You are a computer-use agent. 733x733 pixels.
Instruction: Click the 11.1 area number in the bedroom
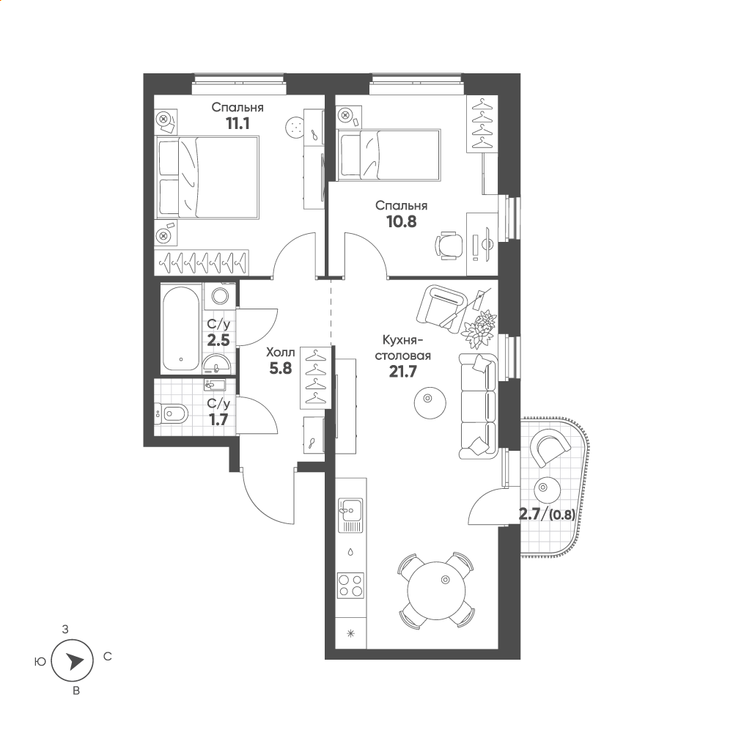(x=237, y=123)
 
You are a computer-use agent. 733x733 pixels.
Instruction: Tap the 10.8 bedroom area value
(x=402, y=221)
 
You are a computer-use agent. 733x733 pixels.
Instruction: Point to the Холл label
(x=281, y=352)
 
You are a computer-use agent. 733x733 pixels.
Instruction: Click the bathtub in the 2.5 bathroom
(x=181, y=328)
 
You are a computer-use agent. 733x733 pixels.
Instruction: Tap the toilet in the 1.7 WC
(x=172, y=413)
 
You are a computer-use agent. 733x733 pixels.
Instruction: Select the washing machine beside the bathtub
(x=220, y=295)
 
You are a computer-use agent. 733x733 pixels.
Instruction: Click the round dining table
(x=437, y=590)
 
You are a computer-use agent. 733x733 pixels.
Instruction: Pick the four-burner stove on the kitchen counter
(x=350, y=585)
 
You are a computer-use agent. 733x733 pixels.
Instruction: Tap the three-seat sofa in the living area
(x=478, y=406)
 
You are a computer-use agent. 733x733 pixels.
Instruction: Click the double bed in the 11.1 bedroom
(x=207, y=177)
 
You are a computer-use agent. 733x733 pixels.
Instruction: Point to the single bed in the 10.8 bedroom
(x=388, y=155)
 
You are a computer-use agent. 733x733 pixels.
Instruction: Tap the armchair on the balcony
(x=550, y=449)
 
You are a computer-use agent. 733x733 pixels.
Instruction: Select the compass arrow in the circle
(x=74, y=661)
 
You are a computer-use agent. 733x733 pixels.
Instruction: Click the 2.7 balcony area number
(x=530, y=515)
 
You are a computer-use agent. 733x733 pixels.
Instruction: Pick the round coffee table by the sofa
(x=430, y=402)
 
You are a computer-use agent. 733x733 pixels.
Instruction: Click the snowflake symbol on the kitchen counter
(x=350, y=634)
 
